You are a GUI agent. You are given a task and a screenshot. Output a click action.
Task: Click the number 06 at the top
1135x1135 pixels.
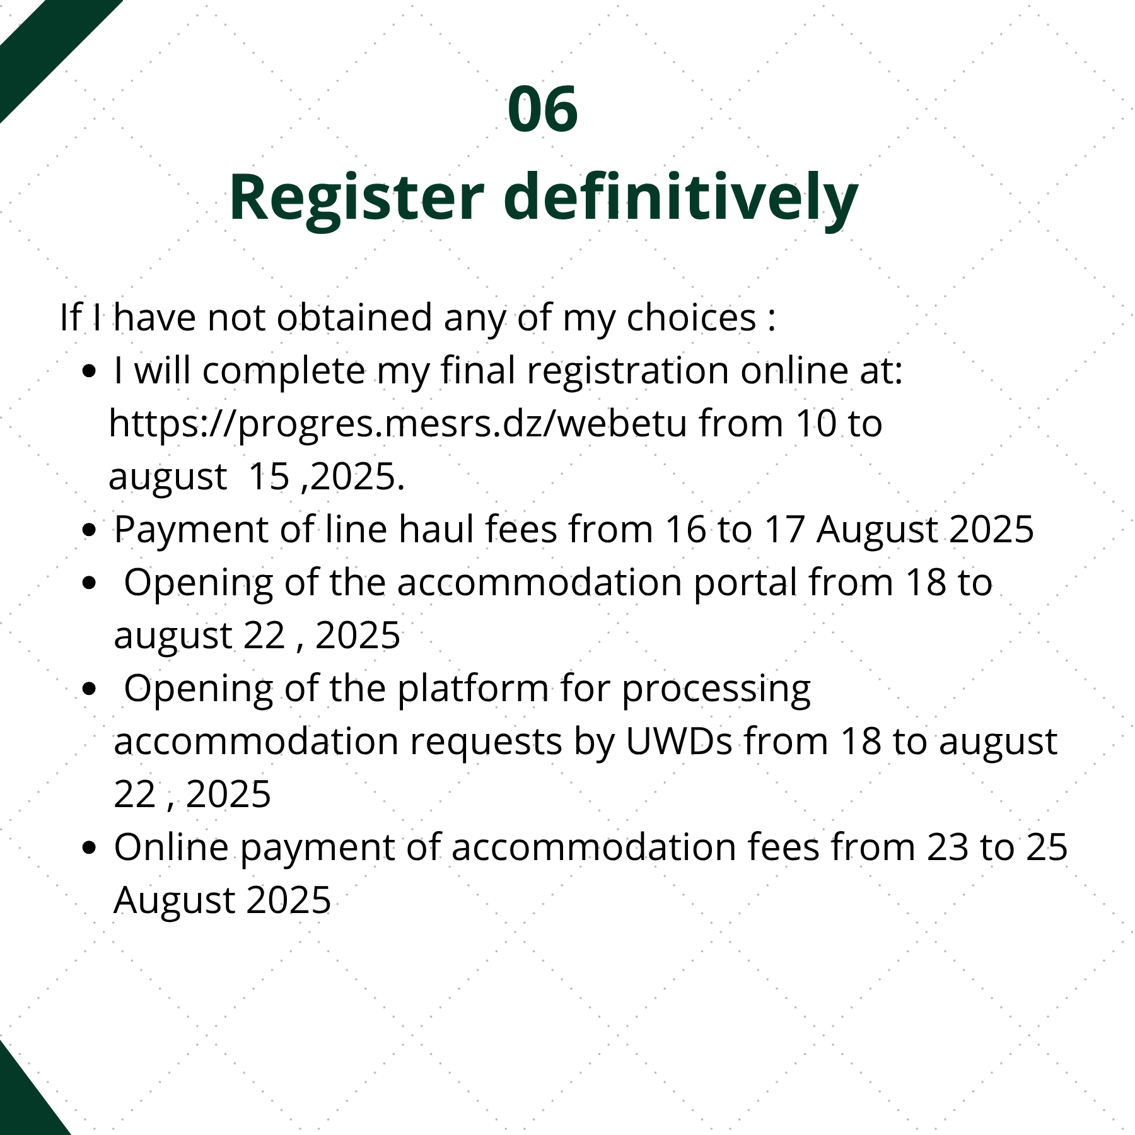click(542, 109)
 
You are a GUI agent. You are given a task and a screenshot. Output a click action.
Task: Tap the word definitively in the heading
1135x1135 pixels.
click(681, 197)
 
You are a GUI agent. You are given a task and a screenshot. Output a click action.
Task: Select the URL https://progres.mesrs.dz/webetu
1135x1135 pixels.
click(398, 424)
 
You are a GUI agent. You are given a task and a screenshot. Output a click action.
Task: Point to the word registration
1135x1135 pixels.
click(627, 371)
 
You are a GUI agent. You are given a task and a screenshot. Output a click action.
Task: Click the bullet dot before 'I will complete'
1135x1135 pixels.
click(90, 371)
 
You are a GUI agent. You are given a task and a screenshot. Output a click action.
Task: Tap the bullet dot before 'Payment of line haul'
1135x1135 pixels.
click(90, 530)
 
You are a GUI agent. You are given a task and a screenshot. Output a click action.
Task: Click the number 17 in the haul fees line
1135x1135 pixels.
click(784, 529)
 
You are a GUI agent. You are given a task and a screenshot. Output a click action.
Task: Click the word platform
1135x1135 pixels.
click(473, 689)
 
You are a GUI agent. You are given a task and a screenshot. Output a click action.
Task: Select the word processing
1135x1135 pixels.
click(716, 689)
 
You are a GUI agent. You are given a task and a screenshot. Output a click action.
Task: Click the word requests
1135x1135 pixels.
click(486, 742)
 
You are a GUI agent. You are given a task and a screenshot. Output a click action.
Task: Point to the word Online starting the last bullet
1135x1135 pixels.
click(171, 847)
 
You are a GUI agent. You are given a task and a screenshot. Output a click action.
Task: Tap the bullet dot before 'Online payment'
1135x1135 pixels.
click(90, 848)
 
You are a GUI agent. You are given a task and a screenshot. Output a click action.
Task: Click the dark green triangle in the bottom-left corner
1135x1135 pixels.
click(22, 1100)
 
